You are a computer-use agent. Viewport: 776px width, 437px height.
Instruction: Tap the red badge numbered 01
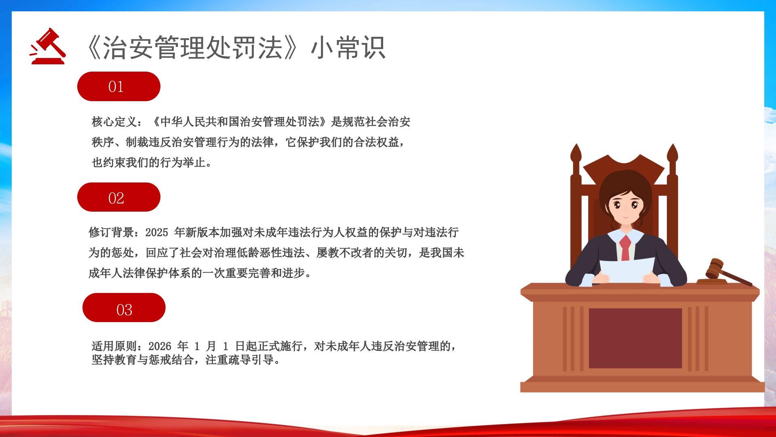pos(119,86)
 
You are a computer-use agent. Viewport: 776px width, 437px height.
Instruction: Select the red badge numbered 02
pos(119,197)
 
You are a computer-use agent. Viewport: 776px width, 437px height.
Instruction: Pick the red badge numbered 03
pos(124,308)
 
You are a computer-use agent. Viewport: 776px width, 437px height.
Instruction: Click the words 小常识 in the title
pos(348,48)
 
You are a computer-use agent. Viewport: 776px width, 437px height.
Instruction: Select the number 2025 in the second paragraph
pos(156,232)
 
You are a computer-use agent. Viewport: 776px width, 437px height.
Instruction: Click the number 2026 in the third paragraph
pos(160,346)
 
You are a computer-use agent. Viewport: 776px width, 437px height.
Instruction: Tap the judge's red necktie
pos(625,248)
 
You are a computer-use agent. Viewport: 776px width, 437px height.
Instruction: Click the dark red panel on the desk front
pos(635,338)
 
